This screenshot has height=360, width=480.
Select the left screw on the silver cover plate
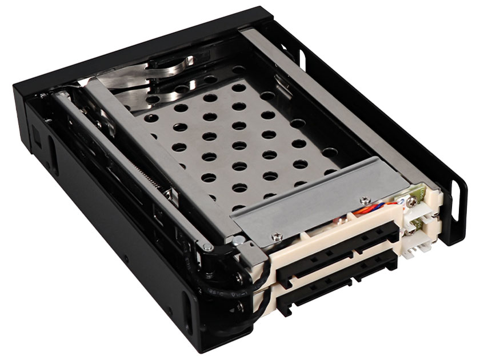tap(277, 234)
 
